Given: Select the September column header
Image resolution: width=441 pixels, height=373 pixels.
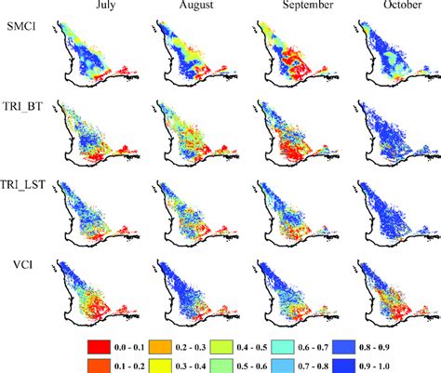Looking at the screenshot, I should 298,8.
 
